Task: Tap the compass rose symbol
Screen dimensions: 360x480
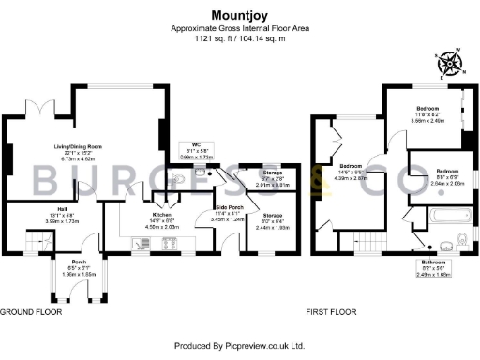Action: click(451, 64)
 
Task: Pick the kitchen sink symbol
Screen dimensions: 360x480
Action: click(142, 245)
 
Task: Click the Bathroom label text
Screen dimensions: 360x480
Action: click(434, 262)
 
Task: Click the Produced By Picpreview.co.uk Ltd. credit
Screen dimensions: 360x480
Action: click(240, 346)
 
